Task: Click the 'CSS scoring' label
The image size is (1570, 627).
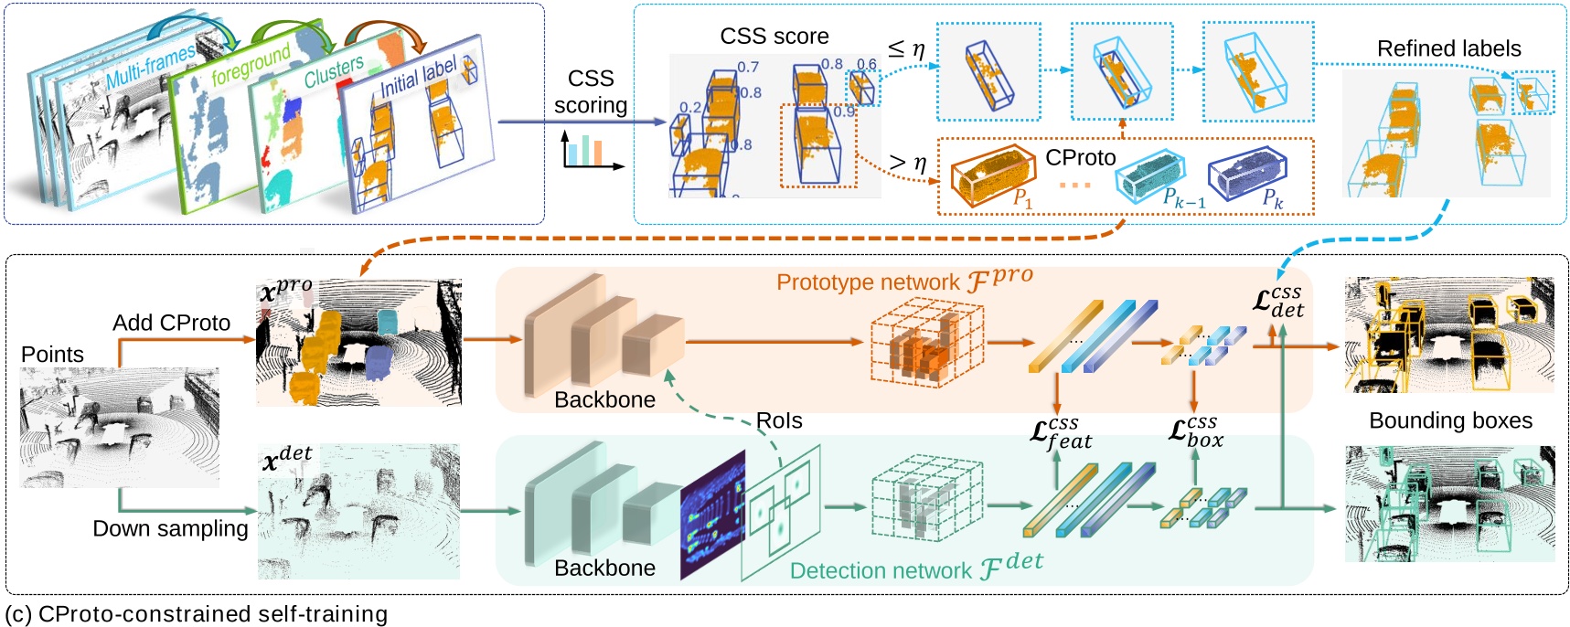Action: click(x=590, y=91)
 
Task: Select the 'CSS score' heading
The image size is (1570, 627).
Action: click(x=774, y=37)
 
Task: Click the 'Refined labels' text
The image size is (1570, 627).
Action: click(x=1448, y=48)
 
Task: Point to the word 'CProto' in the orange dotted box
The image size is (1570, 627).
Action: click(x=1080, y=158)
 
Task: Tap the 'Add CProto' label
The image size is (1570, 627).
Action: click(x=171, y=323)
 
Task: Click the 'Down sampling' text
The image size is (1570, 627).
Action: click(x=170, y=528)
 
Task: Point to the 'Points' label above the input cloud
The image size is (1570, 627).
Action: click(x=52, y=355)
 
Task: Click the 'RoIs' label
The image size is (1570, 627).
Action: click(x=778, y=420)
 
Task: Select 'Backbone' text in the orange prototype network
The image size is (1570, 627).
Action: click(x=604, y=399)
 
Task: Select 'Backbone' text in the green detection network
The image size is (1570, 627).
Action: click(x=604, y=568)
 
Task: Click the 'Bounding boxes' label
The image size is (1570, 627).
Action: click(x=1450, y=420)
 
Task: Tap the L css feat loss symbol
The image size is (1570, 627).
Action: click(x=1061, y=432)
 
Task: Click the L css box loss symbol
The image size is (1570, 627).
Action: click(x=1195, y=430)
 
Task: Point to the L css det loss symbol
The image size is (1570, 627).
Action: click(x=1277, y=302)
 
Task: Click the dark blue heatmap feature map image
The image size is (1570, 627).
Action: click(x=711, y=514)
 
